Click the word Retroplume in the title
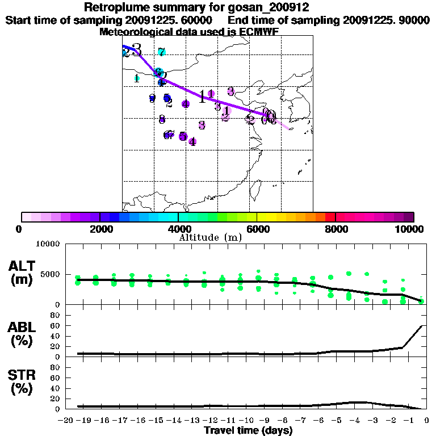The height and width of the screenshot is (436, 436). [x=112, y=7]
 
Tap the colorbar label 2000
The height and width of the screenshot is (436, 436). [x=99, y=229]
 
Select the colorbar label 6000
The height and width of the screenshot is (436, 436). [x=257, y=229]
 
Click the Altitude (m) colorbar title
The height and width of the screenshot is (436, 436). [x=210, y=237]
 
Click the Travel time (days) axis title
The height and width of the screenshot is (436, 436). [x=248, y=431]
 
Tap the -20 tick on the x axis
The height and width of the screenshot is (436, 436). [x=67, y=420]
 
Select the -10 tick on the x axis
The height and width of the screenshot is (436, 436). [x=248, y=420]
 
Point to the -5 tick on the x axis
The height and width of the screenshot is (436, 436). [x=338, y=420]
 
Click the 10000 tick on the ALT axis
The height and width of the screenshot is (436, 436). [x=48, y=244]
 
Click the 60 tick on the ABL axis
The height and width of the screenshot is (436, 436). [x=56, y=325]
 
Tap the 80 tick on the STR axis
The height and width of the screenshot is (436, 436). [x=56, y=367]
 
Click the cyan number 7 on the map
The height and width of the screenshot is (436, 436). [x=162, y=52]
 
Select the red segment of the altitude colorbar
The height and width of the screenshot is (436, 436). [x=330, y=217]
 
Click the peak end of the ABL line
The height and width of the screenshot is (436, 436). [x=421, y=326]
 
